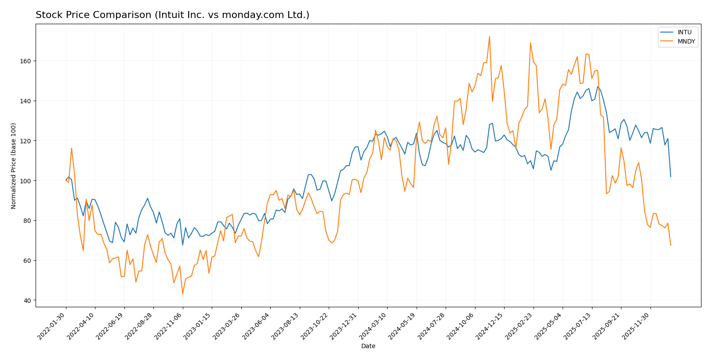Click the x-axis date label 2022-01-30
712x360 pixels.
(x=52, y=325)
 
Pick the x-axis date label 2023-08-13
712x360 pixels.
(x=286, y=325)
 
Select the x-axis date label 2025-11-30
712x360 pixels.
(x=636, y=325)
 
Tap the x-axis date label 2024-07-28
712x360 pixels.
(x=432, y=325)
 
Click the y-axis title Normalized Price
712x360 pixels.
(x=14, y=166)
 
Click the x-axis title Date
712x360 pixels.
(x=368, y=346)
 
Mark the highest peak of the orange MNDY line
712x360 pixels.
(x=489, y=36)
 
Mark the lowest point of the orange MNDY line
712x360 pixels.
(x=182, y=294)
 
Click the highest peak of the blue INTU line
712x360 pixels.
(x=598, y=87)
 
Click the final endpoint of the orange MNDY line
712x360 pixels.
(x=671, y=245)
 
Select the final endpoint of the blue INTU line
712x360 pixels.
(x=671, y=177)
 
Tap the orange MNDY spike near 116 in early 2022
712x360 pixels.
(x=72, y=148)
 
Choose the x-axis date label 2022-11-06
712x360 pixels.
(x=169, y=325)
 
